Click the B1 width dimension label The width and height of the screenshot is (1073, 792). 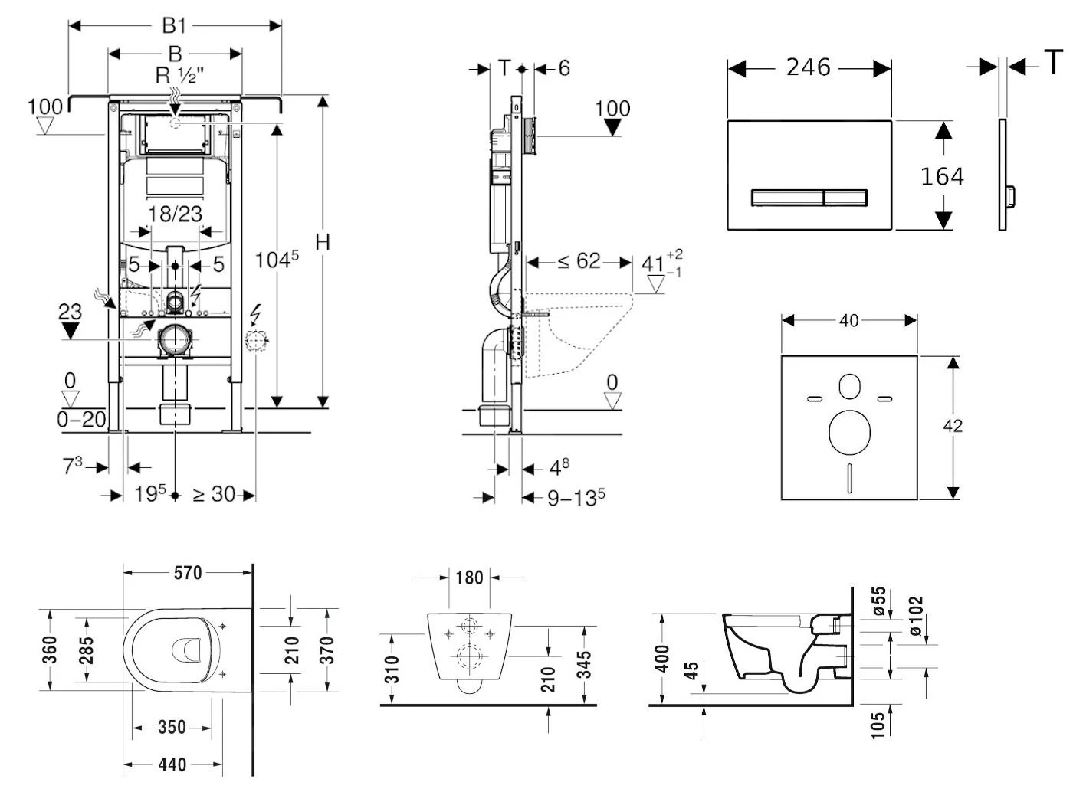[x=174, y=25]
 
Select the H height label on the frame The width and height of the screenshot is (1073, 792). [x=323, y=242]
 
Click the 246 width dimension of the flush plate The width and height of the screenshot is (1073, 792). [x=808, y=67]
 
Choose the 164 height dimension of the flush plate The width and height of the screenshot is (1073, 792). [x=941, y=176]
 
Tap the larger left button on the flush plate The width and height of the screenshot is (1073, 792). [x=786, y=198]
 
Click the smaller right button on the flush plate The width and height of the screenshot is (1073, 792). [x=845, y=198]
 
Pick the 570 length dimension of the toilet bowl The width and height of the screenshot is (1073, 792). [x=187, y=572]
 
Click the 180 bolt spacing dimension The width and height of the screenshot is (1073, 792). [x=469, y=577]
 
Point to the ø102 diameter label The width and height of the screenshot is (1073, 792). [x=917, y=616]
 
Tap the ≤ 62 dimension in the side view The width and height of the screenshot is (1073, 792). [x=579, y=261]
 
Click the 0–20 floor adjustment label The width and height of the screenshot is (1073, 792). [x=80, y=419]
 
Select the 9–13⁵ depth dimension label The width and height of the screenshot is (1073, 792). [x=576, y=498]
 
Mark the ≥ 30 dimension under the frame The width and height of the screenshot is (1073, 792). [x=213, y=495]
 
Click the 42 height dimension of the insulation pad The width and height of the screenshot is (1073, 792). [x=953, y=426]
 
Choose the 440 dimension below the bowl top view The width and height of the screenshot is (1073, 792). [x=172, y=764]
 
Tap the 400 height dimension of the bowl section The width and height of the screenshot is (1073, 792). [x=663, y=658]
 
